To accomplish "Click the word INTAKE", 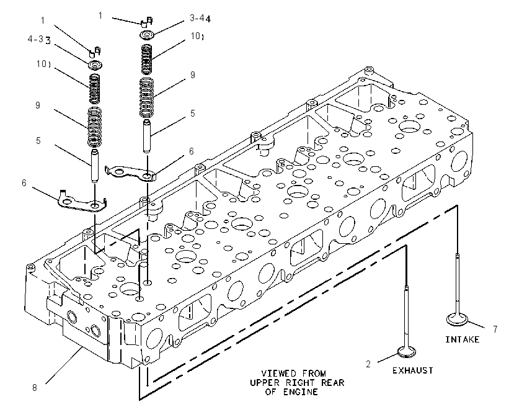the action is [462, 339].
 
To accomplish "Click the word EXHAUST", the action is [413, 370].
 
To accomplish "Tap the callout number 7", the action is [495, 329].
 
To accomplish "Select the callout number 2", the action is [368, 364].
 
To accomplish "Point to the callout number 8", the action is [35, 387].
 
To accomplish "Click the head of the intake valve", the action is [458, 319].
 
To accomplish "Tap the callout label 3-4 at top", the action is [200, 18].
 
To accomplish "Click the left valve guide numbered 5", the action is [95, 166].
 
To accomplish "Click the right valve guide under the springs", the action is [146, 137].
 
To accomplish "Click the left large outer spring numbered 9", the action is [95, 127].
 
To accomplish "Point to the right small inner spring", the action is [146, 59].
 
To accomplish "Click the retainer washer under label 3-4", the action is [147, 35].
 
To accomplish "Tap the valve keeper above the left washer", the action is [95, 52].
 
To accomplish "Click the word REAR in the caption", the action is [332, 383].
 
